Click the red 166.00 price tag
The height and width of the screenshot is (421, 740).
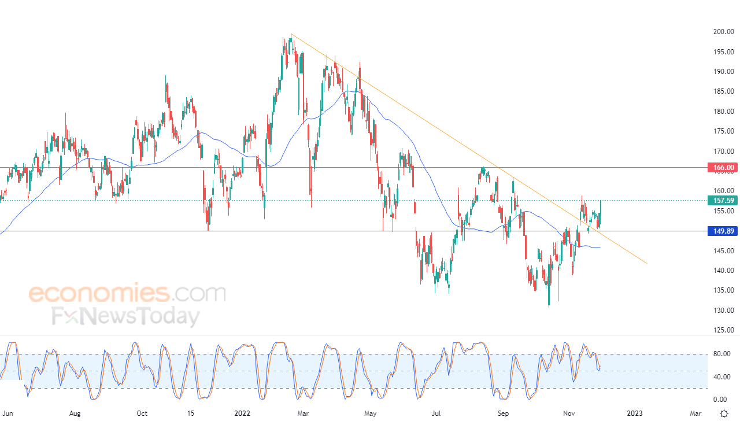723,168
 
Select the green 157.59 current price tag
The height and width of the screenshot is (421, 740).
723,201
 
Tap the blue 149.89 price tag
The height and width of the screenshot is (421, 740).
723,231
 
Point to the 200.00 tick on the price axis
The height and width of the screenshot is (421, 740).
722,32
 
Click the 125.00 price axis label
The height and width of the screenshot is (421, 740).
722,330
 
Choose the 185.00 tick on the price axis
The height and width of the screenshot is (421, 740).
722,91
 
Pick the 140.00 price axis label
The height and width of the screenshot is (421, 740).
722,271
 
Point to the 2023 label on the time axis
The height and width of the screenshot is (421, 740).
634,413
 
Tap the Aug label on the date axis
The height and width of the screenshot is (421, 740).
74,413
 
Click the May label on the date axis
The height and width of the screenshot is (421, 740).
371,413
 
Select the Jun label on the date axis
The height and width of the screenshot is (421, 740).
7,413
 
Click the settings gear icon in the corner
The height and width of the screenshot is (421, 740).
723,413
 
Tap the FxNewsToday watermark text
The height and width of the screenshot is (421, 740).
126,316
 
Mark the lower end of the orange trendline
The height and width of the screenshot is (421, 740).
646,264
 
